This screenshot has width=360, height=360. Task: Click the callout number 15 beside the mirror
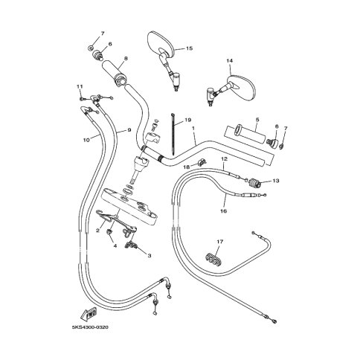pyautogui.click(x=189, y=48)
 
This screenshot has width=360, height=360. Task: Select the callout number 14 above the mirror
pyautogui.click(x=230, y=60)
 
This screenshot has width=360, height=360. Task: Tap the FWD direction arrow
pyautogui.click(x=88, y=314)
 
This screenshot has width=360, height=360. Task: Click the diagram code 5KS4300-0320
pyautogui.click(x=90, y=327)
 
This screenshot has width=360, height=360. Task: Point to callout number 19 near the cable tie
pyautogui.click(x=188, y=120)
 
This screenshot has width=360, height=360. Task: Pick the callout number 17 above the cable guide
pyautogui.click(x=220, y=242)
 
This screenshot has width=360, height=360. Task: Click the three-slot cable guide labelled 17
pyautogui.click(x=213, y=260)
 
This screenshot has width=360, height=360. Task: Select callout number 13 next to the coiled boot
pyautogui.click(x=276, y=181)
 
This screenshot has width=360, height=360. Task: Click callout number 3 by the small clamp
pyautogui.click(x=150, y=256)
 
